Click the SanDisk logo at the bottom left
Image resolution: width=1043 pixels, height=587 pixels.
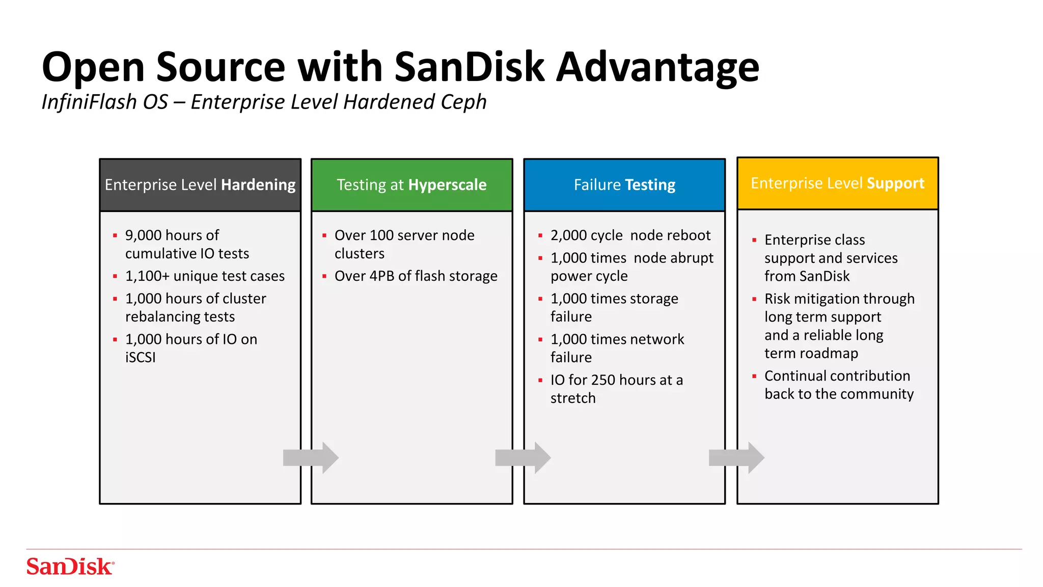point(70,566)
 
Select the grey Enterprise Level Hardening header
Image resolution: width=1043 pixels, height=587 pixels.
point(200,185)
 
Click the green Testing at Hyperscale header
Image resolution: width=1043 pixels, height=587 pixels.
point(411,185)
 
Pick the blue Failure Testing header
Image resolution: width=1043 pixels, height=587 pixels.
point(624,185)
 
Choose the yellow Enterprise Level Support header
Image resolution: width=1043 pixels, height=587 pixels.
point(837,183)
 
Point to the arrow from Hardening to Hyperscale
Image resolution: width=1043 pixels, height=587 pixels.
point(311,458)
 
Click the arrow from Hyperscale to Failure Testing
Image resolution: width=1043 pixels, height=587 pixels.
point(523,458)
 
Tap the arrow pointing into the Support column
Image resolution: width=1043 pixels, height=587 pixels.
point(736,458)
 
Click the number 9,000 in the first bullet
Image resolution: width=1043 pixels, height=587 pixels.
point(143,235)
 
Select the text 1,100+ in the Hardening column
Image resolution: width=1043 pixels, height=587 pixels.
point(147,276)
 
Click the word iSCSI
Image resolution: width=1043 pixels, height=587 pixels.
point(140,358)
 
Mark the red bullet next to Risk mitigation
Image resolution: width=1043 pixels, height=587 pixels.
point(754,299)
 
